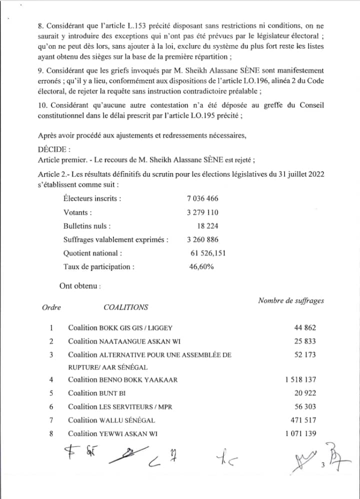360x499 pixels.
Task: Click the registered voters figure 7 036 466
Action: click(202, 198)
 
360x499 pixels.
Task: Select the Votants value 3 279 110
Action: click(202, 212)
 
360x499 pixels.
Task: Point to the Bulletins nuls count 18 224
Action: click(207, 226)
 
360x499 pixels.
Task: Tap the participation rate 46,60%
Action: click(201, 266)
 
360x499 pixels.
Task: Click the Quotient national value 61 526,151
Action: click(208, 253)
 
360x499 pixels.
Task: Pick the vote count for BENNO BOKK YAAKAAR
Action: click(300, 380)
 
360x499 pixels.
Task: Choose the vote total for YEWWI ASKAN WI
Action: click(300, 433)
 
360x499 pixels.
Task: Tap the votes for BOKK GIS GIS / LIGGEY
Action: click(305, 328)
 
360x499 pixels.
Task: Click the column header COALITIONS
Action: click(125, 307)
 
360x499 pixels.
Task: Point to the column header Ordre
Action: click(51, 307)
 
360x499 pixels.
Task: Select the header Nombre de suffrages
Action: click(290, 300)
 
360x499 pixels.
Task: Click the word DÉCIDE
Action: click(54, 149)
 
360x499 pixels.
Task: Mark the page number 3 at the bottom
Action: click(323, 466)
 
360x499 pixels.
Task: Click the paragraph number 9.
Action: click(40, 71)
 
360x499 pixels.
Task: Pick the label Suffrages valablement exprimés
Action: click(116, 239)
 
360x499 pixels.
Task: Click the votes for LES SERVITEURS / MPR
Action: click(305, 407)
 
